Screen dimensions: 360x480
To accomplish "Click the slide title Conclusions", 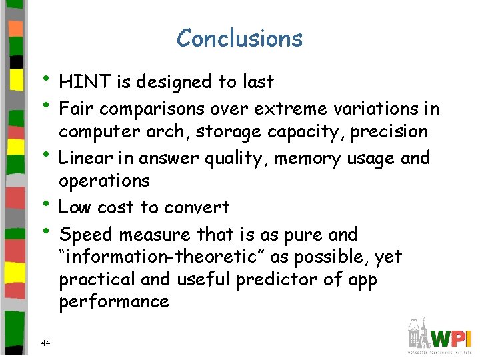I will (x=239, y=39).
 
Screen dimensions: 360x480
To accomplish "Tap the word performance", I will (x=114, y=302).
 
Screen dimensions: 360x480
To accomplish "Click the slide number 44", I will (x=46, y=343).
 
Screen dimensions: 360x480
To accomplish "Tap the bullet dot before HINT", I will (x=49, y=78).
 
